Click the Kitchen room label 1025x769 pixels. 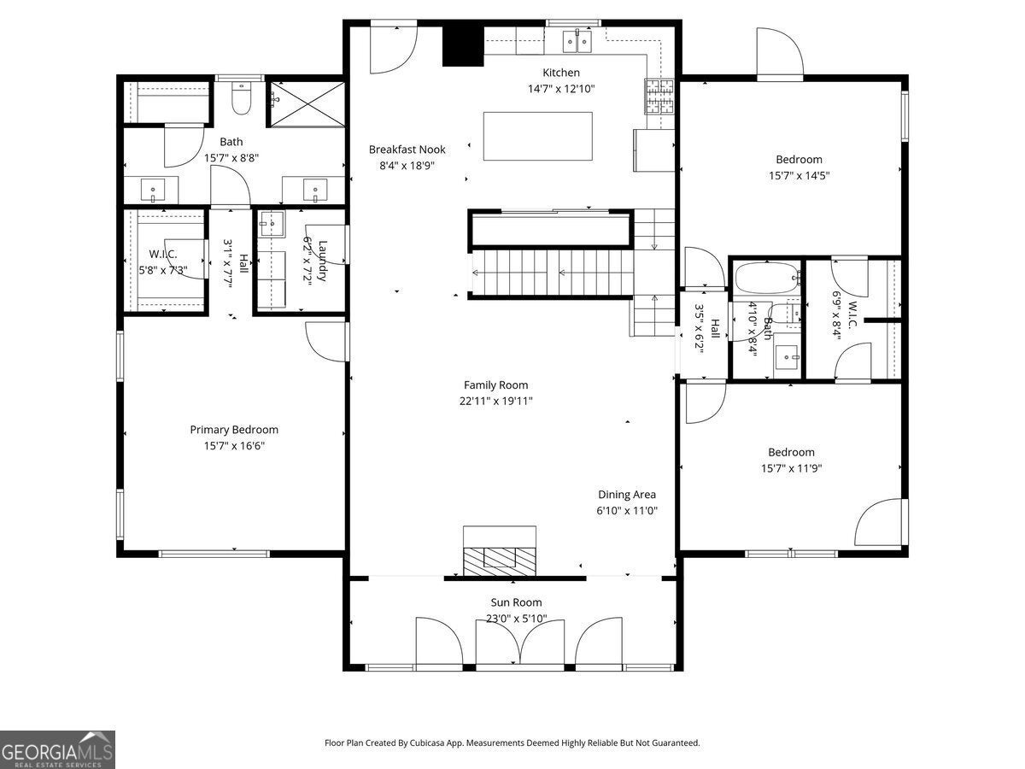pos(561,73)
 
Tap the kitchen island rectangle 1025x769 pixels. pos(537,136)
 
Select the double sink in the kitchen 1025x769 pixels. pos(577,42)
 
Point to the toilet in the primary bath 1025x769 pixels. pos(242,98)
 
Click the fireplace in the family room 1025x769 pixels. pos(499,551)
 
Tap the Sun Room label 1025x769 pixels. pos(516,602)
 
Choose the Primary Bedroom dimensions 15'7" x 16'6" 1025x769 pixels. pos(234,446)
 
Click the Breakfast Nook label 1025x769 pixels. pos(407,150)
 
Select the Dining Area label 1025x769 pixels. pos(627,495)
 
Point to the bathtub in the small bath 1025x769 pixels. pos(768,278)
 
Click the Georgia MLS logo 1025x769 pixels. pos(57,749)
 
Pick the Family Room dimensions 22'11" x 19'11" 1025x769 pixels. pos(496,401)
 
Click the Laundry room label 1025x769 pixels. pos(322,261)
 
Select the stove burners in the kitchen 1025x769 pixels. pos(659,97)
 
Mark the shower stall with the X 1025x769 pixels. pos(307,103)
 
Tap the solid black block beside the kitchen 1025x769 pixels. pos(463,46)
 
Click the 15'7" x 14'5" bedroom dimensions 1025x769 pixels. pos(799,175)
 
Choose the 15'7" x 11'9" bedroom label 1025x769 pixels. pos(791,468)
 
